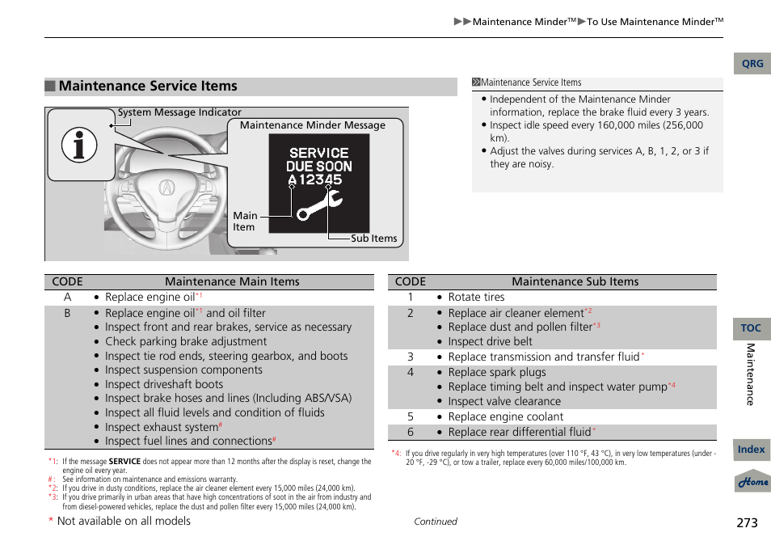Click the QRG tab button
[752, 64]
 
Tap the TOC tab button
[751, 327]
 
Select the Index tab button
[751, 450]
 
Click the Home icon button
[752, 482]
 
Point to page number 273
[747, 523]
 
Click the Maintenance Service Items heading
[148, 87]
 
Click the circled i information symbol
[79, 146]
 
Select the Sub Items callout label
[373, 239]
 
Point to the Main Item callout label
[245, 222]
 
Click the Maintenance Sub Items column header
[575, 282]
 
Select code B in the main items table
[68, 313]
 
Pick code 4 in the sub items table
[411, 373]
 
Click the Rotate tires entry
[476, 297]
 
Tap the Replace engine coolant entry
[505, 417]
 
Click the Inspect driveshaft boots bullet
[164, 384]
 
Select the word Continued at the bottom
[435, 522]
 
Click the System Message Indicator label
[179, 112]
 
